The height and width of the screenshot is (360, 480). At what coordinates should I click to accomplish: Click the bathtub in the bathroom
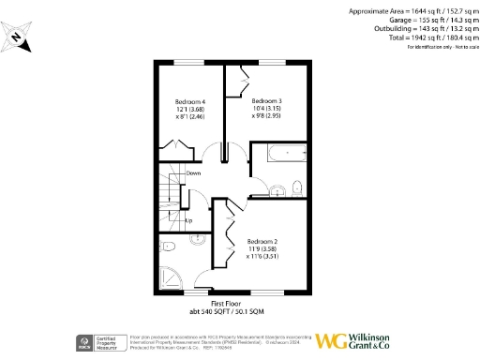click(x=281, y=154)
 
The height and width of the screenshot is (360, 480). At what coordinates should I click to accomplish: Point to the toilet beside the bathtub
click(x=295, y=185)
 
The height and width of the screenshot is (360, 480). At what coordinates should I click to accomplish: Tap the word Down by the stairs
click(x=193, y=173)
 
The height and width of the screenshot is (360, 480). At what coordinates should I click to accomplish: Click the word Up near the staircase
click(x=188, y=221)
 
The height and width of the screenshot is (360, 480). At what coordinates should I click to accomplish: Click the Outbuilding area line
click(x=418, y=29)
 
